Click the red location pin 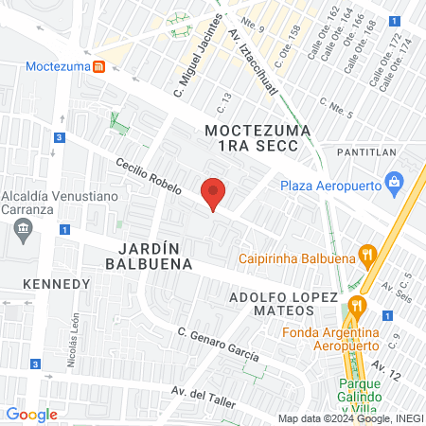(214, 193)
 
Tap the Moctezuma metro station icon (98, 66)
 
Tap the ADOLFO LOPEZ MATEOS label (284, 306)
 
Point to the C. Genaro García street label (218, 344)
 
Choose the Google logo (31, 414)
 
